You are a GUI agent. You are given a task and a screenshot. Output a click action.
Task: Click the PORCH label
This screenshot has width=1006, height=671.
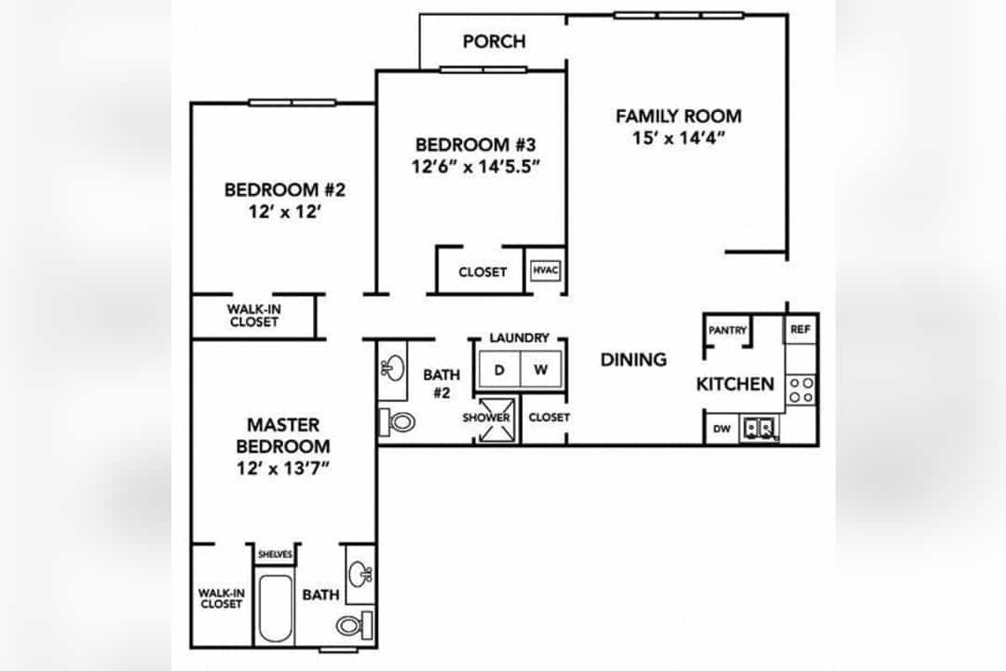click(494, 42)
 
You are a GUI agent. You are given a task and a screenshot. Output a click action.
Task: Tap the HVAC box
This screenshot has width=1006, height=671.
click(546, 269)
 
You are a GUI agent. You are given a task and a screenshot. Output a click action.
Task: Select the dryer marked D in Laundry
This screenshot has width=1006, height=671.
click(499, 369)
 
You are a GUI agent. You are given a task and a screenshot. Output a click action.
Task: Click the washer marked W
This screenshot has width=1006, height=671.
click(541, 369)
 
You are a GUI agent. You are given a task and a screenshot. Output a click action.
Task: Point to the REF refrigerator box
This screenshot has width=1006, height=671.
click(800, 329)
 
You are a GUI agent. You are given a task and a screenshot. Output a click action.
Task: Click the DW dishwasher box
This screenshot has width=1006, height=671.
click(722, 429)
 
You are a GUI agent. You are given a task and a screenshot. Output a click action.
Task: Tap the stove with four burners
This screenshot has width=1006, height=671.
click(801, 390)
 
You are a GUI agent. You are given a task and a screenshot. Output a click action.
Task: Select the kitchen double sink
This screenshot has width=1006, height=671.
click(759, 429)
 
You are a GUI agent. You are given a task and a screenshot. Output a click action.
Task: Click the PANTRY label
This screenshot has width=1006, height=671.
click(727, 330)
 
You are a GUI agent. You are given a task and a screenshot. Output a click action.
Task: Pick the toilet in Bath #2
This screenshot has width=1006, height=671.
click(397, 422)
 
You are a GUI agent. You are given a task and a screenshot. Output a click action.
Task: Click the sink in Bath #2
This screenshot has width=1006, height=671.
click(393, 368)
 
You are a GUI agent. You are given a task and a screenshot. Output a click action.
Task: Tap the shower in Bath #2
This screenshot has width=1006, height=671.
click(496, 420)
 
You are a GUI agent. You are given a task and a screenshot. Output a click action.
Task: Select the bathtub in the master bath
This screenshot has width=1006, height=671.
click(276, 609)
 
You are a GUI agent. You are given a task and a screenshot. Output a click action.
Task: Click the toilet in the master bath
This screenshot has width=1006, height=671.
click(355, 624)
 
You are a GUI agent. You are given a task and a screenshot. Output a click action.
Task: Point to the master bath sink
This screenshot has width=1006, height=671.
click(360, 574)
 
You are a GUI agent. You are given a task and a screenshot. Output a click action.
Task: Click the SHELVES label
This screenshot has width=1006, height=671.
click(275, 555)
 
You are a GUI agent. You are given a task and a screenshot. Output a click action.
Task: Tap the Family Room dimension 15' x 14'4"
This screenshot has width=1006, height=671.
click(678, 138)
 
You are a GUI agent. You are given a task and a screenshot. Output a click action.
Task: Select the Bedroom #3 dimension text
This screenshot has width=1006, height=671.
click(475, 167)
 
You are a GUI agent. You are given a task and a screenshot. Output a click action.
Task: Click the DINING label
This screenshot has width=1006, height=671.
click(633, 360)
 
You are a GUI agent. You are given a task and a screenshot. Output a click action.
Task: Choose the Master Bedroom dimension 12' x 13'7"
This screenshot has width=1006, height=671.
click(283, 469)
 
